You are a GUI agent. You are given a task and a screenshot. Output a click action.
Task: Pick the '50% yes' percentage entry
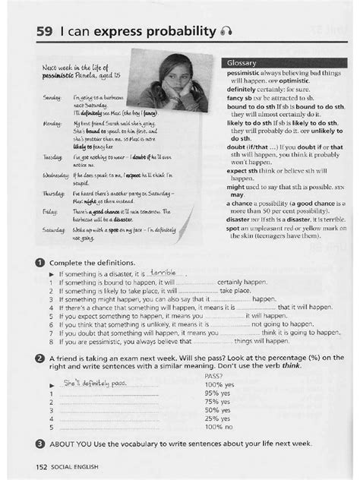click(x=219, y=410)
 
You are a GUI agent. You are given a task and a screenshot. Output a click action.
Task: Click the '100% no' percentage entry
click(x=219, y=427)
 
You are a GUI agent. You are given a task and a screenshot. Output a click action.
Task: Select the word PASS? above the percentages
click(x=213, y=377)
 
